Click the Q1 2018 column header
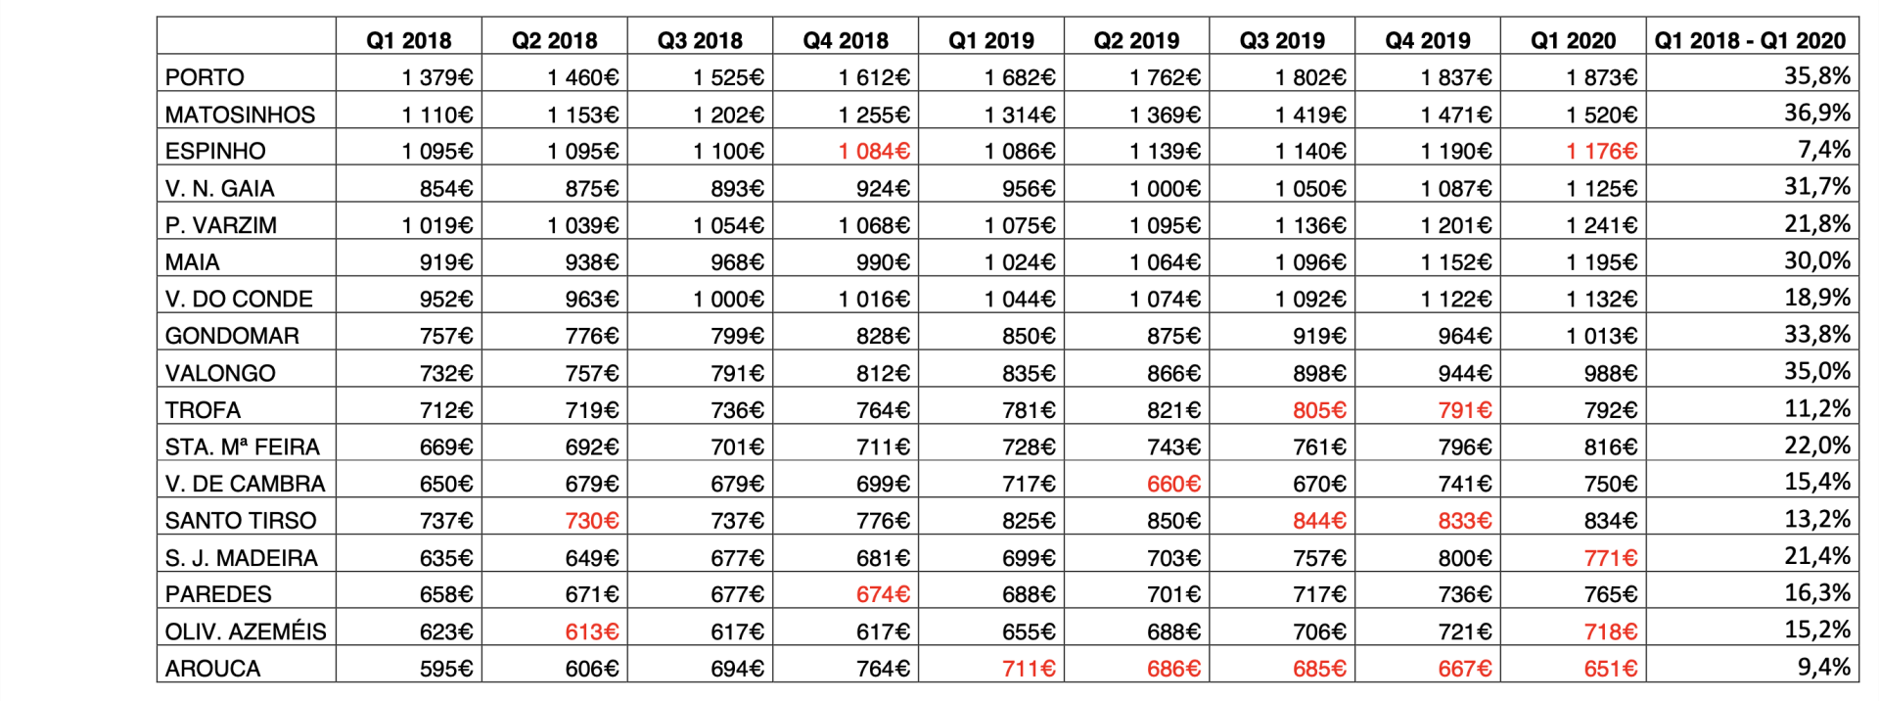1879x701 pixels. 408,40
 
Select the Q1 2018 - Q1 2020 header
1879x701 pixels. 1750,40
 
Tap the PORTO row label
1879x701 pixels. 205,77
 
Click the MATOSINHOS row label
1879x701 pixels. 240,115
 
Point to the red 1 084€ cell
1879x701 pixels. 874,152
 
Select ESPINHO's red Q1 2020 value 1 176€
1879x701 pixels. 1601,152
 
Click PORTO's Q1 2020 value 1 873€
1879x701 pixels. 1601,77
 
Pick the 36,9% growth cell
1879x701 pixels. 1817,113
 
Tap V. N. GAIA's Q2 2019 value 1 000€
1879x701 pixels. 1165,188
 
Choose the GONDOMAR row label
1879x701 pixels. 232,336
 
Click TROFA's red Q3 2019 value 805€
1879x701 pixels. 1319,410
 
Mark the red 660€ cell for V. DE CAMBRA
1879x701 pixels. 1173,484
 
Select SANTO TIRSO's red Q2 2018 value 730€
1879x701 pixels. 592,521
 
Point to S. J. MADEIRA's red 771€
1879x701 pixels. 1611,558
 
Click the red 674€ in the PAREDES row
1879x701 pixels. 883,594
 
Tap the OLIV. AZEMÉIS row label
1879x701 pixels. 246,631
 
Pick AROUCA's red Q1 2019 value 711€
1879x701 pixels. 1029,669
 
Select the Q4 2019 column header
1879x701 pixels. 1428,40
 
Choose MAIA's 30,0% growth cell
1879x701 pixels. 1817,260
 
